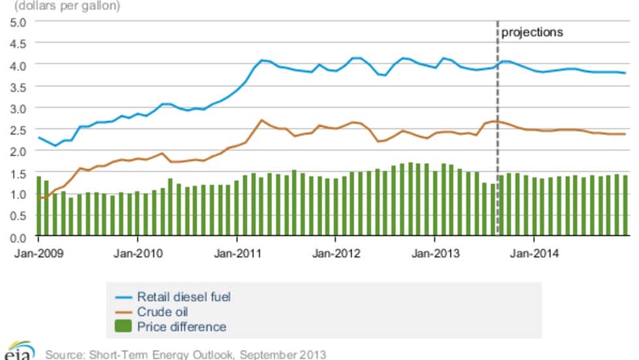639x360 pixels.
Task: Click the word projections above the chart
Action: (531, 32)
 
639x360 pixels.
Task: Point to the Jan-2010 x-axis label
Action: (135, 254)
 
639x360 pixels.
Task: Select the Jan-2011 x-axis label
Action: (235, 254)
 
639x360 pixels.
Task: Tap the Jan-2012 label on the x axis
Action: (334, 254)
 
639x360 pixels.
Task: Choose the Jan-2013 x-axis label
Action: (434, 254)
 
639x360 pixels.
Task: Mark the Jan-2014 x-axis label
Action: (533, 254)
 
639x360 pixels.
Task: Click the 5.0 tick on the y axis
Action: (17, 22)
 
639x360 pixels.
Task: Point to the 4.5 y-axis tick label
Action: (17, 43)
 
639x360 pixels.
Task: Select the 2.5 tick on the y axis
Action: (17, 129)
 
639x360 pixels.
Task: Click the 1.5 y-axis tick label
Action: (17, 172)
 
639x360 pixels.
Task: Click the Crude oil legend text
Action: (162, 312)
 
